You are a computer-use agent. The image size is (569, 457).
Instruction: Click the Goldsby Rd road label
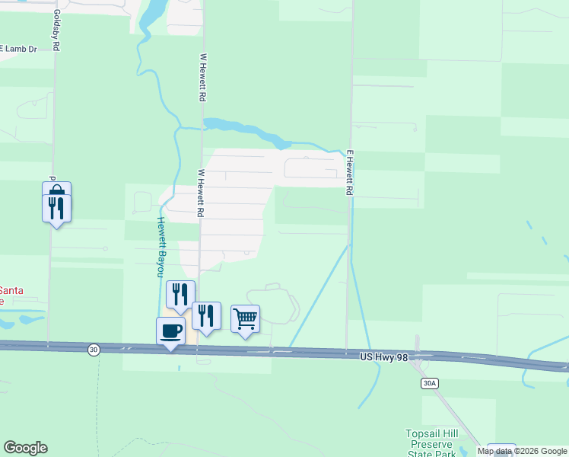pyautogui.click(x=56, y=31)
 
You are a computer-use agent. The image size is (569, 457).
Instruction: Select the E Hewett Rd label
pyautogui.click(x=350, y=172)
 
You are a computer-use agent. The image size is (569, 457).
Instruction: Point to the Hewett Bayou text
pyautogui.click(x=161, y=247)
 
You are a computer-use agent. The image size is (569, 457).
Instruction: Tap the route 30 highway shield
pyautogui.click(x=93, y=349)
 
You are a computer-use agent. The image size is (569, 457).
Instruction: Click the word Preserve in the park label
pyautogui.click(x=431, y=444)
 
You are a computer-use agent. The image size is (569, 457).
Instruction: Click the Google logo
pyautogui.click(x=25, y=448)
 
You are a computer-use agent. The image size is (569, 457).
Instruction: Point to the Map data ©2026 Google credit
pyautogui.click(x=522, y=451)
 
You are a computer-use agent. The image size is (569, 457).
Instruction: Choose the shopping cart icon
pyautogui.click(x=245, y=318)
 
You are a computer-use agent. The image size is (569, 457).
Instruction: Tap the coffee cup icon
pyautogui.click(x=170, y=331)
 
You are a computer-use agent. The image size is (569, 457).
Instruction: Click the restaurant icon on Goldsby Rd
pyautogui.click(x=56, y=207)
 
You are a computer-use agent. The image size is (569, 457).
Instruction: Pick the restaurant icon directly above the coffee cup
pyautogui.click(x=180, y=294)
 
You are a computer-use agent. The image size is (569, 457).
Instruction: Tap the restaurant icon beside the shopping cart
pyautogui.click(x=206, y=315)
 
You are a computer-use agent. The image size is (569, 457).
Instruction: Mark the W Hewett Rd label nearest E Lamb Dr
pyautogui.click(x=202, y=78)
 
